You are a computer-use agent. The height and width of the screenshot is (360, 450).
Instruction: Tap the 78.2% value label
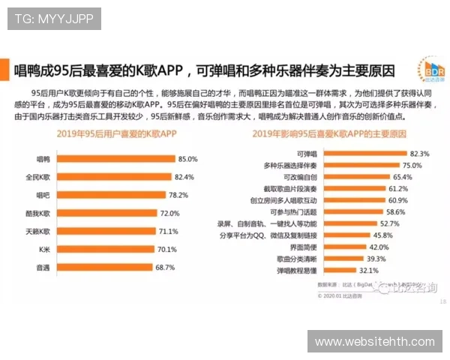point(178,195)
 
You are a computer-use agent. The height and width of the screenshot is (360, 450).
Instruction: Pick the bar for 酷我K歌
point(104,213)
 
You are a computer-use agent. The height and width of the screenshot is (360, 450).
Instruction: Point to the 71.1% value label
point(167,231)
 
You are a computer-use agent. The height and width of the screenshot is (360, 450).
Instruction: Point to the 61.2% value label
point(398,189)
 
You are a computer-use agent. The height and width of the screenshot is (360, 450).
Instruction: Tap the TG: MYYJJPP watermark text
point(53,19)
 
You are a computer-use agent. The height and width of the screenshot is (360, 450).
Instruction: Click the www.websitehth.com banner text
point(375,342)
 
